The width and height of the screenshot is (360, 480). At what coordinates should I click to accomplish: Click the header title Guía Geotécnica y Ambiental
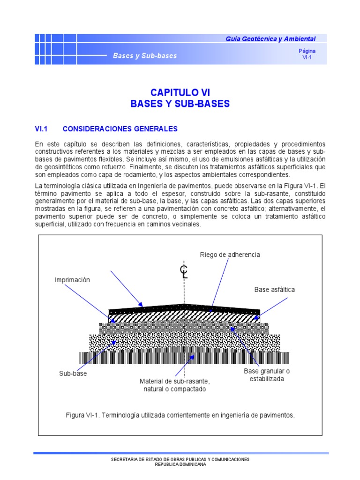pyautogui.click(x=270, y=39)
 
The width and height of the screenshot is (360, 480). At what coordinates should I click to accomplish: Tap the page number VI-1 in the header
pyautogui.click(x=307, y=58)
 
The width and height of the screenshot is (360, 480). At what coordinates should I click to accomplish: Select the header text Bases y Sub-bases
pyautogui.click(x=145, y=56)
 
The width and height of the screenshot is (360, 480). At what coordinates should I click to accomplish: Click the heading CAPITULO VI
pyautogui.click(x=180, y=93)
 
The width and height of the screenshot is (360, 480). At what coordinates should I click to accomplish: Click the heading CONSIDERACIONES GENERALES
pyautogui.click(x=120, y=128)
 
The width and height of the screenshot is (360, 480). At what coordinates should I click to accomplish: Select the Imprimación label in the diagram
pyautogui.click(x=72, y=280)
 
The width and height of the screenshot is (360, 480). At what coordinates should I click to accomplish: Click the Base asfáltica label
pyautogui.click(x=275, y=290)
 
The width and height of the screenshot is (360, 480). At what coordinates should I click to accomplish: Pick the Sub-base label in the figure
pyautogui.click(x=73, y=374)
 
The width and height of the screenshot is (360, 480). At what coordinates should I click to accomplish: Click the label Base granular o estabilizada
pyautogui.click(x=267, y=375)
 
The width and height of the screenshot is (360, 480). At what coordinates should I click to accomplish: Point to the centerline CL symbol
pyautogui.click(x=184, y=271)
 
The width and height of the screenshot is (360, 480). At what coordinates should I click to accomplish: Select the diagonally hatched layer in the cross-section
pyautogui.click(x=150, y=317)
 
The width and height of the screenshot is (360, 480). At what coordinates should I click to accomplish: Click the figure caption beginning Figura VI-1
pyautogui.click(x=180, y=415)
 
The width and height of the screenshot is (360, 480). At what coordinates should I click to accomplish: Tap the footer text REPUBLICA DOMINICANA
pyautogui.click(x=180, y=465)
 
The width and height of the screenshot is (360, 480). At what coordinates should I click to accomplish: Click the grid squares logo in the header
pyautogui.click(x=56, y=49)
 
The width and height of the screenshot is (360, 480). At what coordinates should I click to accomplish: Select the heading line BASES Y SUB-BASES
pyautogui.click(x=180, y=104)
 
